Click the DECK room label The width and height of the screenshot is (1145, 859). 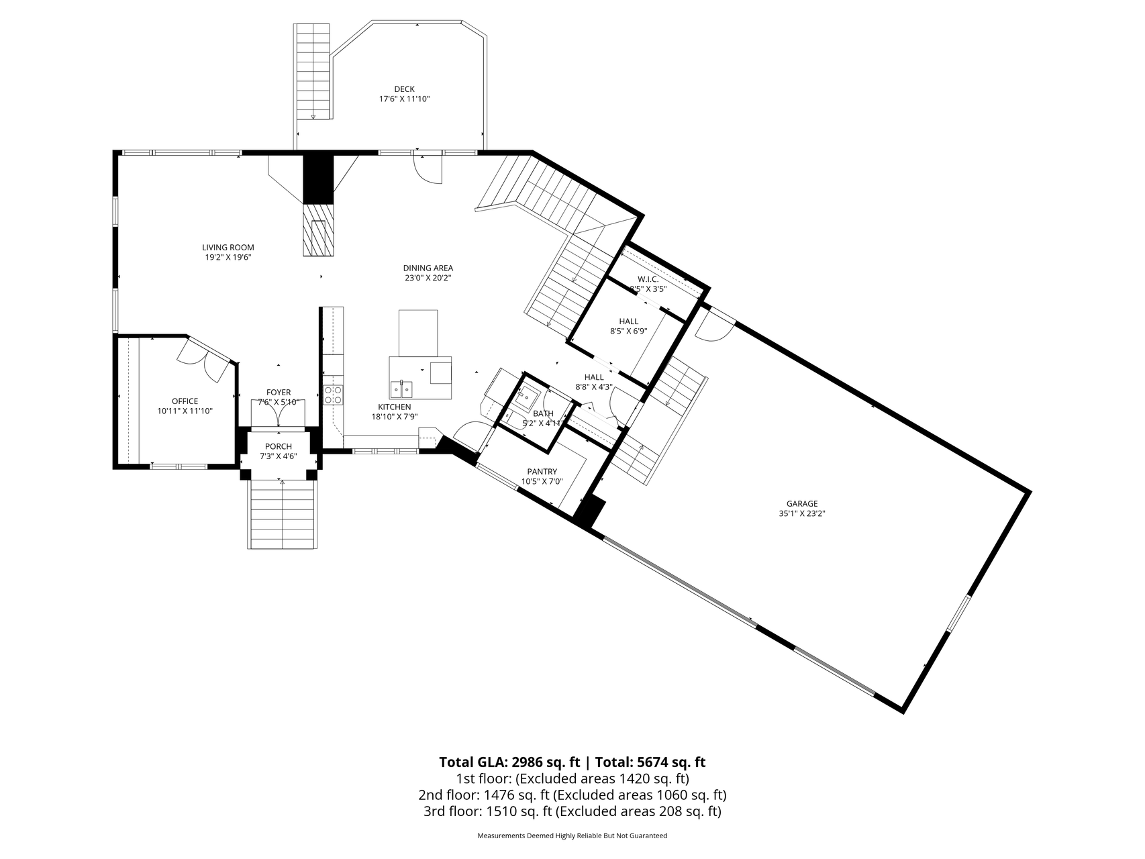point(404,89)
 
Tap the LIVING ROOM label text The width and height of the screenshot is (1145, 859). point(228,248)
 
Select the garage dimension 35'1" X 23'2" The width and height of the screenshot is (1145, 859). point(802,513)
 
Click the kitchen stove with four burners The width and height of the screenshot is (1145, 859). point(333,395)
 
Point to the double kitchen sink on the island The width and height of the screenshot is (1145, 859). point(403,389)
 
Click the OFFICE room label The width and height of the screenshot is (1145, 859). point(185,401)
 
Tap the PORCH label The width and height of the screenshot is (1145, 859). point(279,446)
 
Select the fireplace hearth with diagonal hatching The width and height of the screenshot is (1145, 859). point(317,229)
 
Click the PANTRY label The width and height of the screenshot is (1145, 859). point(542,472)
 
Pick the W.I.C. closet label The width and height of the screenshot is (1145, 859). point(648,279)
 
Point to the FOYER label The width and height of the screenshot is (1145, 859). point(279,393)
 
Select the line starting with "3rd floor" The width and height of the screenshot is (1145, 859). point(572,811)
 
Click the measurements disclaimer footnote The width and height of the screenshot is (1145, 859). point(572,836)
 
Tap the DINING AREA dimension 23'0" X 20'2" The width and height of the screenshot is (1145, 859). point(428,278)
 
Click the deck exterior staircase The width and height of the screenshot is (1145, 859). point(313,72)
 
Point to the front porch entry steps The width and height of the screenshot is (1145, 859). point(282,515)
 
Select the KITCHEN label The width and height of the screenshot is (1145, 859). point(394,407)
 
